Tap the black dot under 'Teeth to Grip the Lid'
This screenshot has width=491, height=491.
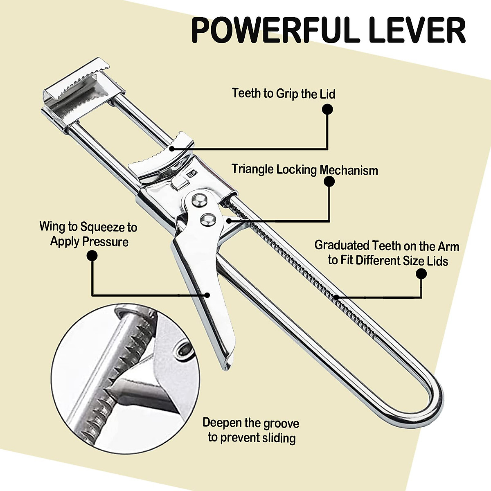pos(327,109)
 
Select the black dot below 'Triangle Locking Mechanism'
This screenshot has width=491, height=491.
pos(329,181)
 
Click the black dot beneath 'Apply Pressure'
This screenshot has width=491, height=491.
pos(92,256)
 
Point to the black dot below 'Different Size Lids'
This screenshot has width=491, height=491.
pos(421,274)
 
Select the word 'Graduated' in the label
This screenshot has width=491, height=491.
pos(342,245)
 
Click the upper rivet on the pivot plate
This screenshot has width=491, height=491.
pos(199,199)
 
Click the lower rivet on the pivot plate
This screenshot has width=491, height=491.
pos(208,220)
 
